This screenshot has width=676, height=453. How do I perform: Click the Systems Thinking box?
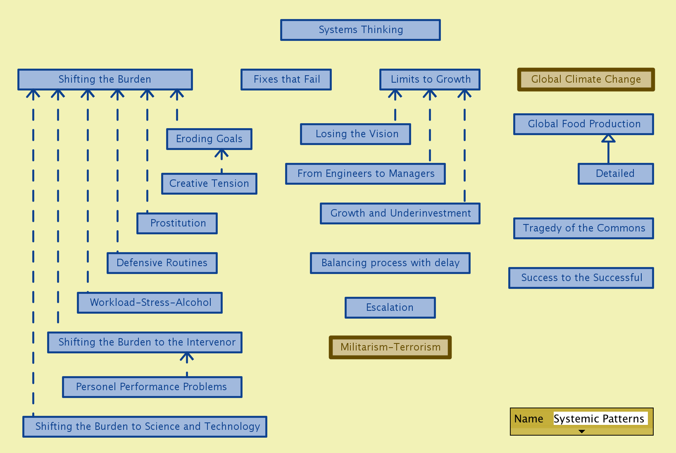360,30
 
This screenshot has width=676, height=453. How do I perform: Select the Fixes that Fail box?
286,79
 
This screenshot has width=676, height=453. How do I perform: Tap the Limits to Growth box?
430,79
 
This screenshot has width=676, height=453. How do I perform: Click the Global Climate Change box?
586,79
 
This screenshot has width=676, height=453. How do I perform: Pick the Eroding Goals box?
209,139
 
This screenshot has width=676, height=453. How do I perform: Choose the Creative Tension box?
209,184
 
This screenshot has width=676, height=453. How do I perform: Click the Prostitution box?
177,223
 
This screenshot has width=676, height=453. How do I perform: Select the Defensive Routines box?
162,263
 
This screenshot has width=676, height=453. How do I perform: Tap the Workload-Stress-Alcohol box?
150,303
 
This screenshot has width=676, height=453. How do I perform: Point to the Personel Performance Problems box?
152,387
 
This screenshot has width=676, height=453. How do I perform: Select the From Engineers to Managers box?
365,174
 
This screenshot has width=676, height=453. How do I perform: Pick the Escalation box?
390,308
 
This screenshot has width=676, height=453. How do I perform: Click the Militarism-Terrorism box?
390,347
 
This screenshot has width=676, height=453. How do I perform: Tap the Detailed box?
616,174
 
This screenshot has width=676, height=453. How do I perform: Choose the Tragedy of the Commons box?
583,228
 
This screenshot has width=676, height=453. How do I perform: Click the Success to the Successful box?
581,278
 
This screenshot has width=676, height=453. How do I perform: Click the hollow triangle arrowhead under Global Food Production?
608,138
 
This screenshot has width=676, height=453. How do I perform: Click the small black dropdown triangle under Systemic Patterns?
582,432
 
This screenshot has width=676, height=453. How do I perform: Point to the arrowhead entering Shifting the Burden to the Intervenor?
187,357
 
